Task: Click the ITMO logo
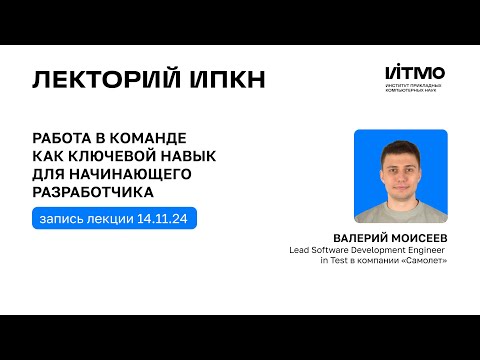coord(415,72)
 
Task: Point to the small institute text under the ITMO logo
coord(414,90)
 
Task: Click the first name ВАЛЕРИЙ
coord(359,238)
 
